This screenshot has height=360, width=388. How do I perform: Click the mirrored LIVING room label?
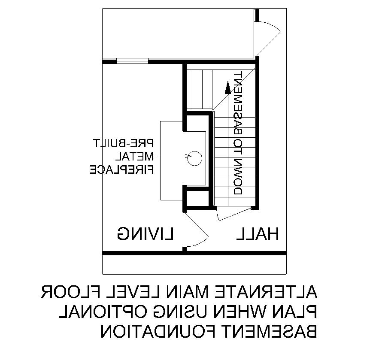click(x=145, y=234)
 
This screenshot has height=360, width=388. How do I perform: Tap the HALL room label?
click(x=258, y=234)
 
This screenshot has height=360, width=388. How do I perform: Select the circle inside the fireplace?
click(x=195, y=158)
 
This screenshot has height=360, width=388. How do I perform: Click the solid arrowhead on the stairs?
click(x=227, y=87)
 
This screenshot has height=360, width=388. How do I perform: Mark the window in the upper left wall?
click(x=132, y=62)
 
